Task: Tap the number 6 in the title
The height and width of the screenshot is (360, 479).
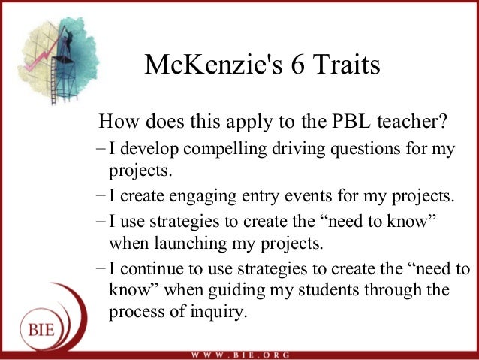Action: click(x=297, y=65)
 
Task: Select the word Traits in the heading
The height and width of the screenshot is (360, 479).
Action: click(x=346, y=64)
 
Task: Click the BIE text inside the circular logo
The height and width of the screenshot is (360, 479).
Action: click(x=41, y=331)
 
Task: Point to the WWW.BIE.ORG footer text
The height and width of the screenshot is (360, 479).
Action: click(x=240, y=355)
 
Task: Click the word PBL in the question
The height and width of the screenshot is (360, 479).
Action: click(x=351, y=121)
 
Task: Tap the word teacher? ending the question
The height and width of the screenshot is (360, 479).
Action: click(x=412, y=121)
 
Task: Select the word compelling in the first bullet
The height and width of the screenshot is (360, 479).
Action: click(x=224, y=150)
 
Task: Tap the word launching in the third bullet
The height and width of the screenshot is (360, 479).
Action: click(x=191, y=244)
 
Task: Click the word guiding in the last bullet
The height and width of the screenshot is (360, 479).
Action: click(x=236, y=291)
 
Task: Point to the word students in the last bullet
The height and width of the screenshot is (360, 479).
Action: click(x=328, y=289)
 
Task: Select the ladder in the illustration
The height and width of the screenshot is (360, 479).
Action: click(x=54, y=81)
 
